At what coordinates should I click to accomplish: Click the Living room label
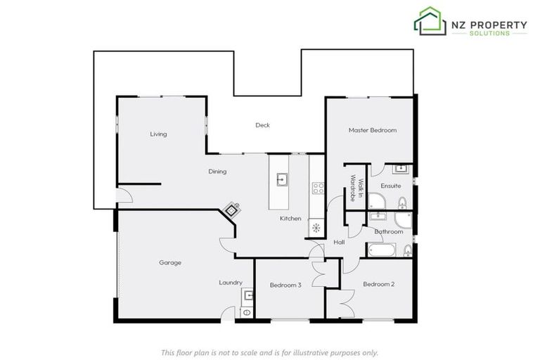tap(159, 134)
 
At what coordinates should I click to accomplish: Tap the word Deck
tap(262, 125)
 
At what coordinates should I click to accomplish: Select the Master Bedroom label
tap(373, 130)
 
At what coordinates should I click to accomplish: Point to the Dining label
tap(217, 171)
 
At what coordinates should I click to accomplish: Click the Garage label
tap(170, 263)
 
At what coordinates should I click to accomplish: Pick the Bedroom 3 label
tap(285, 285)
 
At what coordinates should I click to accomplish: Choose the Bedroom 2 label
tap(378, 284)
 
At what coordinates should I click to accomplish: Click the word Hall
tap(339, 242)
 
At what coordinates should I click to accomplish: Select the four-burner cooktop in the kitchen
tap(318, 188)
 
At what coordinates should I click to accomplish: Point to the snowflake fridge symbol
tap(316, 227)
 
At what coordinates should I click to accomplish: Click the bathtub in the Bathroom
tap(381, 250)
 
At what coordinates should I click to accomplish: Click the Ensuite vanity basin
tap(401, 169)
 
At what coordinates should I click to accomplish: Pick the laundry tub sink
tap(247, 295)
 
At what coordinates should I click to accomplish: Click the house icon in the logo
tap(430, 21)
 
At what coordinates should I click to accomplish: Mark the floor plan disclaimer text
tap(270, 352)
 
